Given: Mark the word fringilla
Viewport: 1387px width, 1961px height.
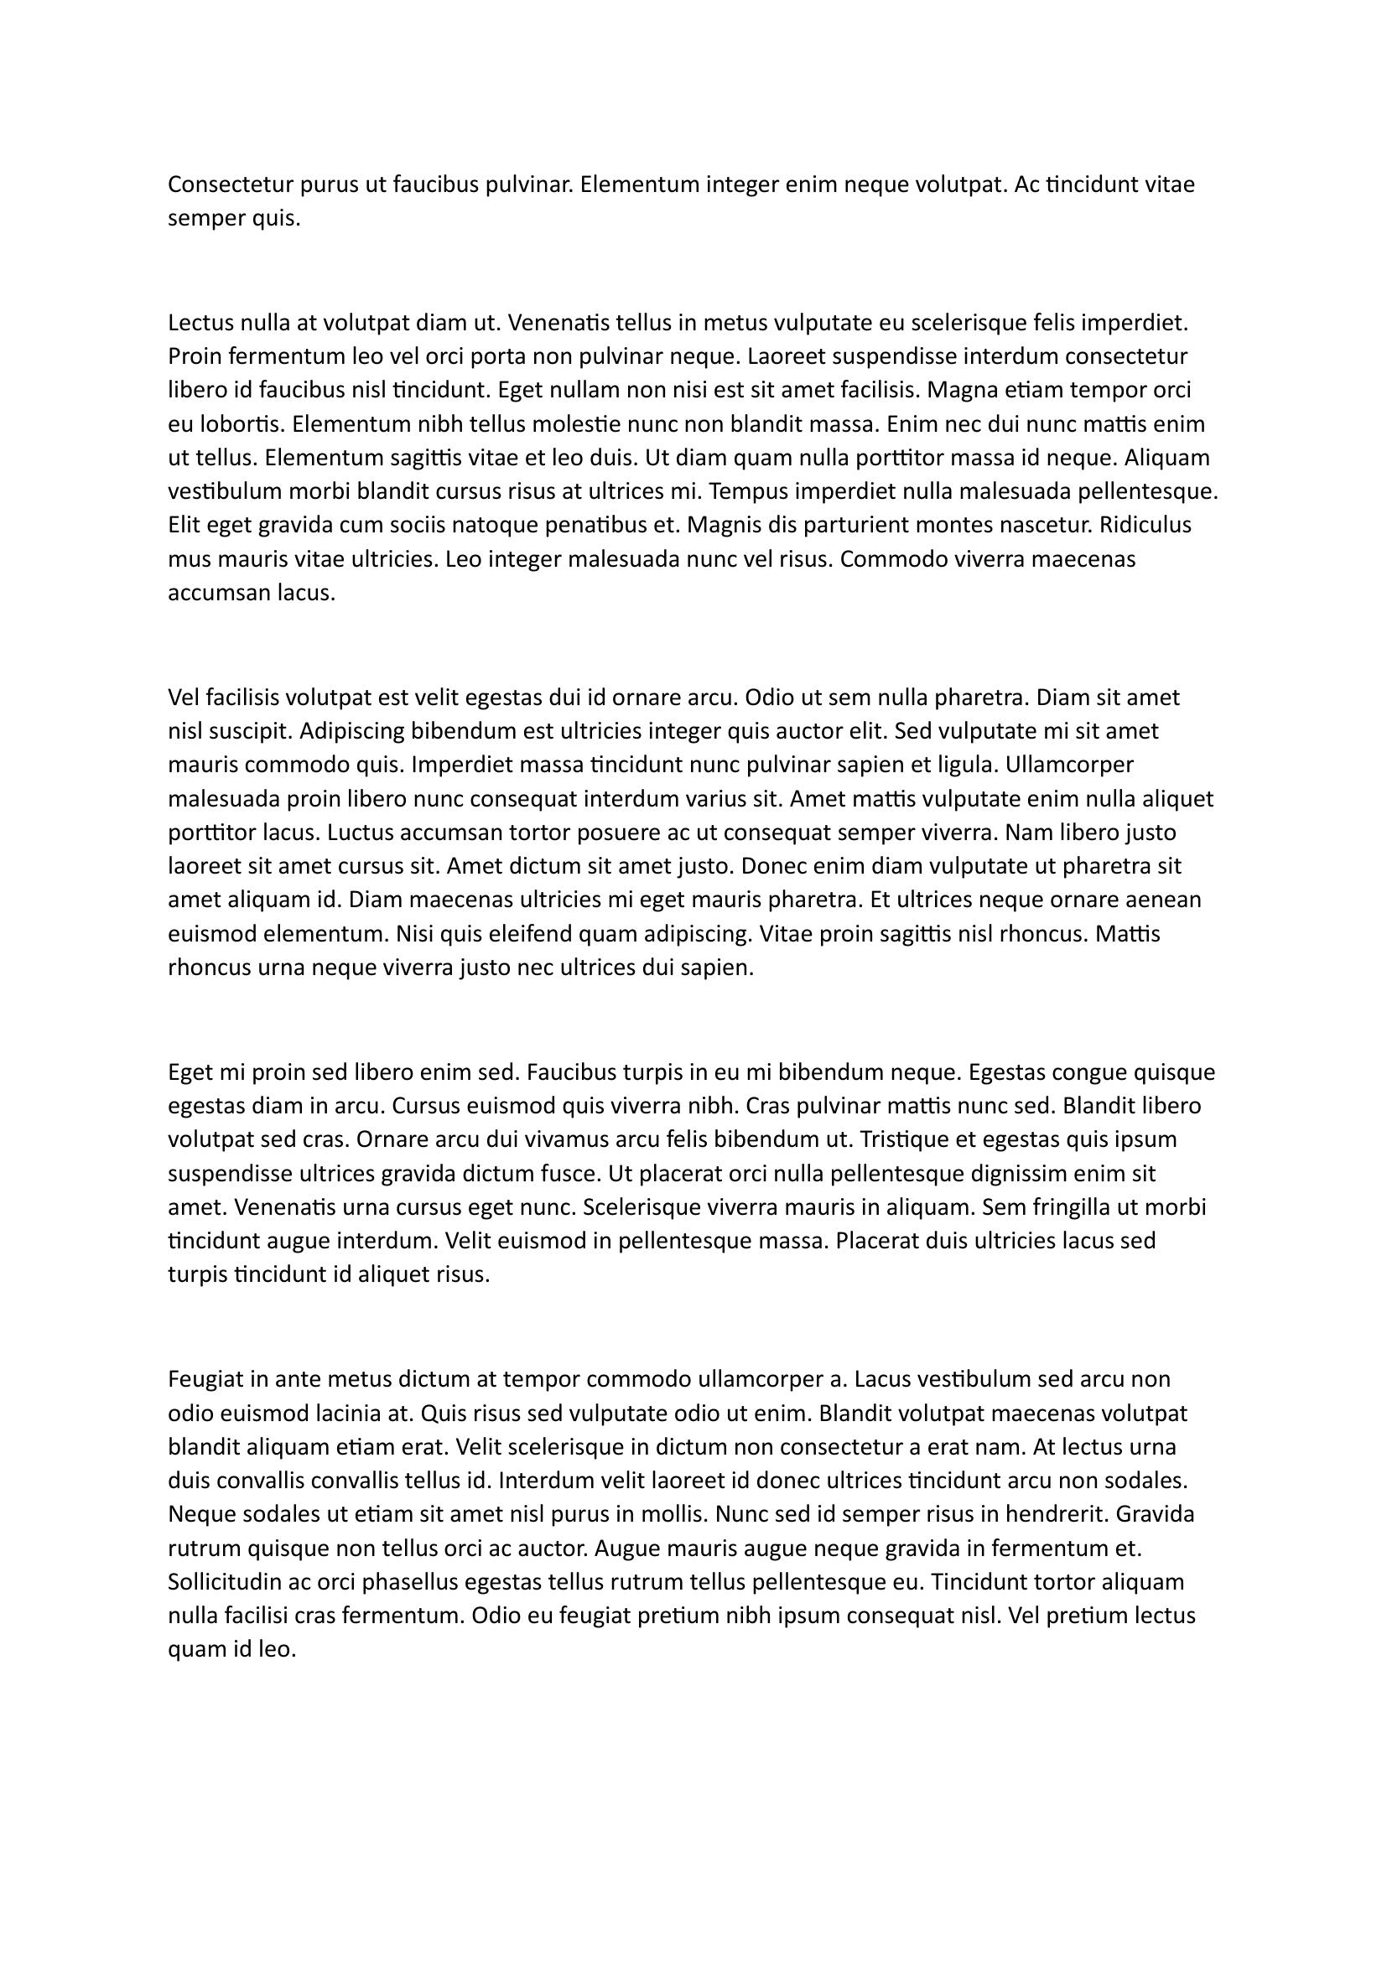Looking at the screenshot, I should click(x=1067, y=1207).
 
